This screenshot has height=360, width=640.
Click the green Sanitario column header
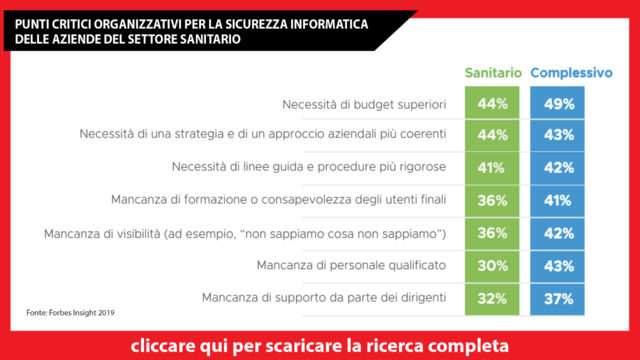pos(492,73)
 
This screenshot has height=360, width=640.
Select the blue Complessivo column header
pos(571,73)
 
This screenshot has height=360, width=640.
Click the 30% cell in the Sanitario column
pos(492,265)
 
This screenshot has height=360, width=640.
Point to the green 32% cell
pos(492,298)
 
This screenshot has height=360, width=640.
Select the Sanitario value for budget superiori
pos(492,103)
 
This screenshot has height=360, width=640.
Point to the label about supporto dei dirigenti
pos(323,298)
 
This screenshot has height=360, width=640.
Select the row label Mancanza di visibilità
pos(244,233)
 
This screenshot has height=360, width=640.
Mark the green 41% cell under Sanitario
pos(492,168)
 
